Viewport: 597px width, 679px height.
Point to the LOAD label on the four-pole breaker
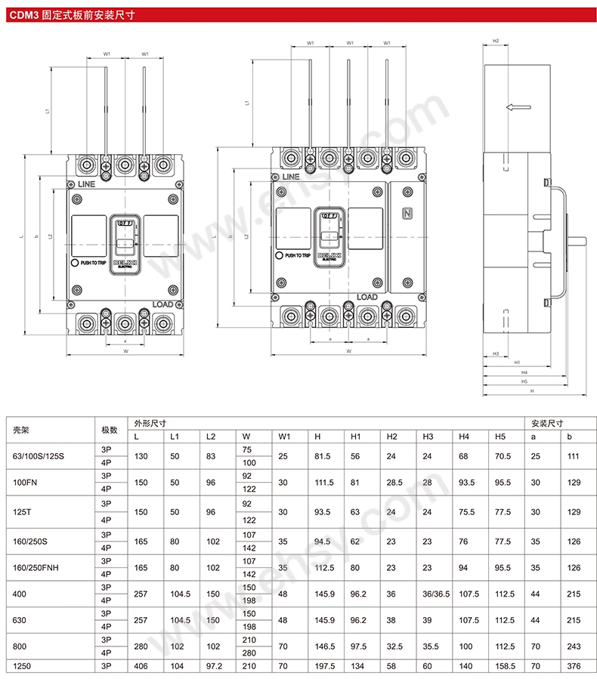point(367,298)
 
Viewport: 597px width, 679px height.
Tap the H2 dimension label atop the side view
point(496,41)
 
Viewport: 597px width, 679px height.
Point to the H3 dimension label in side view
point(496,353)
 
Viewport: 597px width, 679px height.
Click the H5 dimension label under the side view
point(524,381)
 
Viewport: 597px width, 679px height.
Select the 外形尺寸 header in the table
point(150,424)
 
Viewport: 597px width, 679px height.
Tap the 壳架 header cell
point(20,430)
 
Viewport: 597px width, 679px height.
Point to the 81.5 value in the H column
point(322,456)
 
